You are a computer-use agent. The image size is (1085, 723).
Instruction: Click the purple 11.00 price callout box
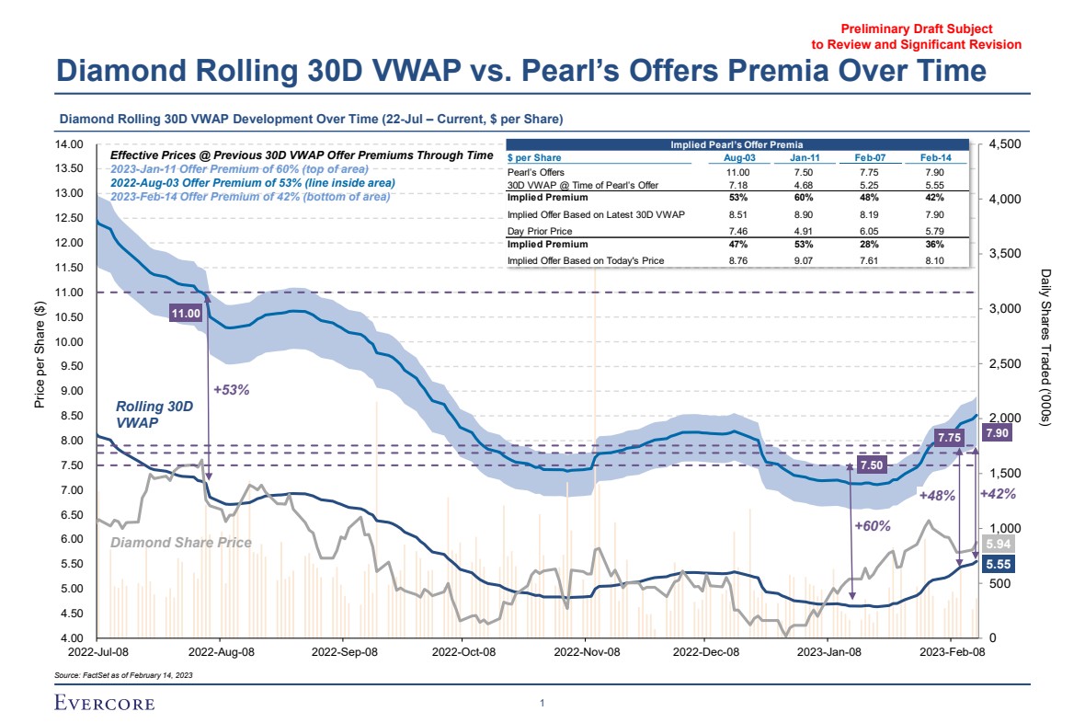(x=187, y=314)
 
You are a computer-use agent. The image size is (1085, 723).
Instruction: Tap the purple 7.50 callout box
(x=871, y=465)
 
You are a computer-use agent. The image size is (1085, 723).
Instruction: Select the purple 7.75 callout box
(x=948, y=438)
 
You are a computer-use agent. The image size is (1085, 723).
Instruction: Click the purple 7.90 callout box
(x=998, y=432)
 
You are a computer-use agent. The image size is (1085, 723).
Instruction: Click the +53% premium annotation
(x=232, y=389)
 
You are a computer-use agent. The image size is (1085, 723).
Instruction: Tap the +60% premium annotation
(x=872, y=526)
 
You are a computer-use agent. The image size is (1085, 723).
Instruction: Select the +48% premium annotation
(x=938, y=496)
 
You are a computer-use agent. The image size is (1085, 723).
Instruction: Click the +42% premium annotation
(x=998, y=494)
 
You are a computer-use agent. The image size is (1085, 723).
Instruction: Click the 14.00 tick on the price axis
(x=71, y=144)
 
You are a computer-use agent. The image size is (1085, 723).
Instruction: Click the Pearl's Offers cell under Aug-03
(x=737, y=172)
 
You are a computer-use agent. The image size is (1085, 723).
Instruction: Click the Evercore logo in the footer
(x=104, y=705)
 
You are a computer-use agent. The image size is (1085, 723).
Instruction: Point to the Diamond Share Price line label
(x=181, y=543)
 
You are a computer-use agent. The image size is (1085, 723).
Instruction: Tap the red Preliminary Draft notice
(x=916, y=37)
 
